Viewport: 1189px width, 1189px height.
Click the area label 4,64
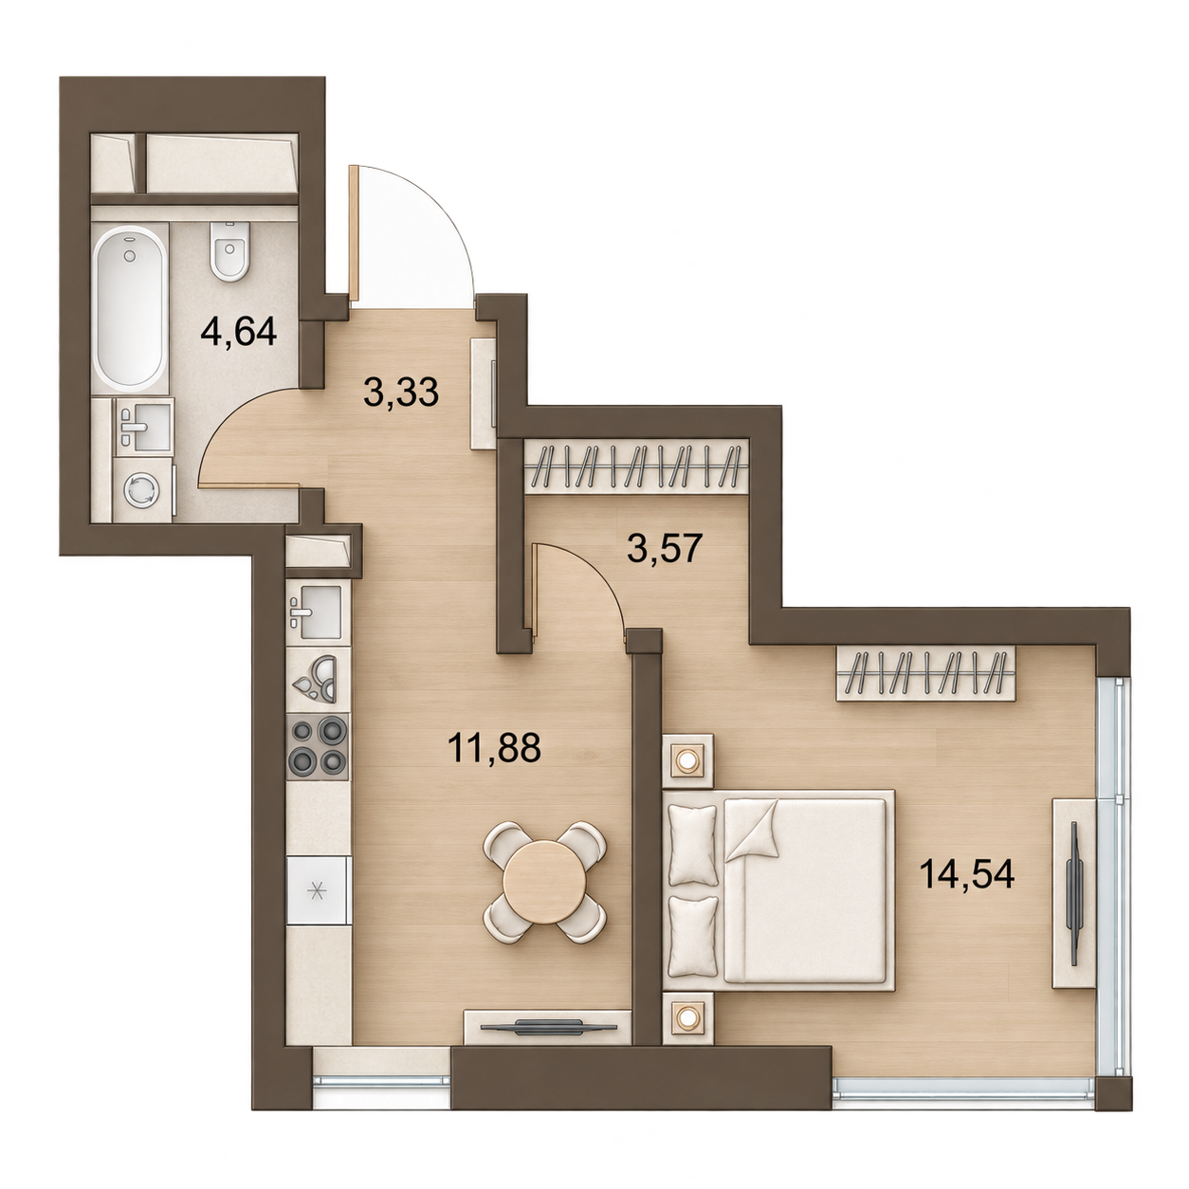pyautogui.click(x=239, y=333)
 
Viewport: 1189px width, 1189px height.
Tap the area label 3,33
pyautogui.click(x=401, y=392)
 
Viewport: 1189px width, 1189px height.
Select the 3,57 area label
pyautogui.click(x=665, y=549)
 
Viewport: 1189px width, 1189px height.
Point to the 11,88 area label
pyautogui.click(x=495, y=747)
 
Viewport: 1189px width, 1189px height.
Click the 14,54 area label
pyautogui.click(x=967, y=874)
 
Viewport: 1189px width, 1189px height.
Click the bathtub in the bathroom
pyautogui.click(x=130, y=306)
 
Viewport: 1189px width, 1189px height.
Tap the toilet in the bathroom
pyautogui.click(x=230, y=250)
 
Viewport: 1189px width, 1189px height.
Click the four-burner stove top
pyautogui.click(x=318, y=746)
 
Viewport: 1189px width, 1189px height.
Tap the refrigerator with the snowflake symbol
pyautogui.click(x=318, y=890)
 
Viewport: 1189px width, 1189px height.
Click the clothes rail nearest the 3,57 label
pyautogui.click(x=635, y=466)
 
